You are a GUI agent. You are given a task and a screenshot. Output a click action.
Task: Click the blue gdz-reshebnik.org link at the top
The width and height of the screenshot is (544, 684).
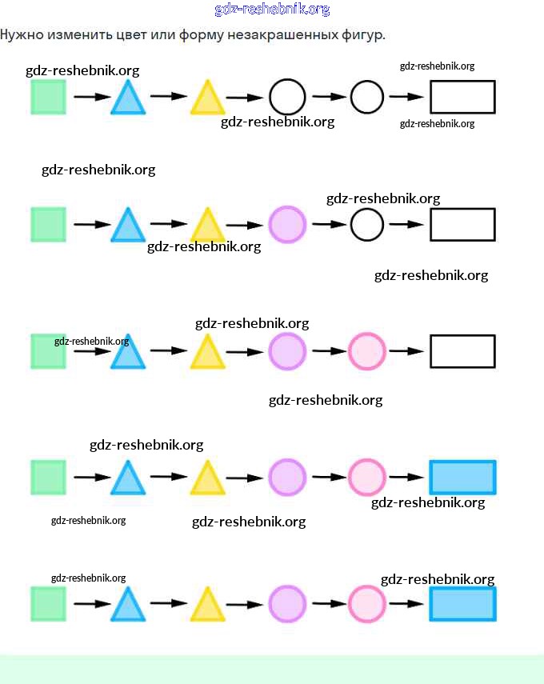[272, 10]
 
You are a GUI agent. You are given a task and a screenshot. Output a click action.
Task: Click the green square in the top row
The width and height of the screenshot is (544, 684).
[48, 97]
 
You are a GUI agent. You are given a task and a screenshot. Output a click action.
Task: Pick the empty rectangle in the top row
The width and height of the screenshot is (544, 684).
[462, 97]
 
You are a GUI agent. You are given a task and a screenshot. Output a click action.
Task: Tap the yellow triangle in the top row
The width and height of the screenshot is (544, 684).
[207, 99]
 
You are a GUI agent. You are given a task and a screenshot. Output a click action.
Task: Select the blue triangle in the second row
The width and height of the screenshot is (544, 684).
[126, 226]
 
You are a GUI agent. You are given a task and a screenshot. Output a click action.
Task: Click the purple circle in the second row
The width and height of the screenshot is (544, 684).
[287, 224]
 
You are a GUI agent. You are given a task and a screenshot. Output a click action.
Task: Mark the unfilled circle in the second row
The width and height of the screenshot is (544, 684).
[367, 224]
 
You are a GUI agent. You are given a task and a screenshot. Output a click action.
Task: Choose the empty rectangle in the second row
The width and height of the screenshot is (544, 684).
[462, 224]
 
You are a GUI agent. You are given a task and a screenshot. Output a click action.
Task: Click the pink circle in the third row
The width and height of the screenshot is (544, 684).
[367, 350]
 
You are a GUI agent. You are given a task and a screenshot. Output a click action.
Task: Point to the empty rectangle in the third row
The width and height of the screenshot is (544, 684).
[462, 350]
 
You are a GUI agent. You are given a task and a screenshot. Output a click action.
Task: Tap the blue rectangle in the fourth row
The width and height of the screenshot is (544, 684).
[462, 477]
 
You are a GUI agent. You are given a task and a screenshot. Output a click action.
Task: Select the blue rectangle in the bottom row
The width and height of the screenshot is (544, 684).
[462, 603]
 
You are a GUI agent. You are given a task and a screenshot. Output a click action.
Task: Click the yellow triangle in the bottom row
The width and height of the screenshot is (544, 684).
[207, 606]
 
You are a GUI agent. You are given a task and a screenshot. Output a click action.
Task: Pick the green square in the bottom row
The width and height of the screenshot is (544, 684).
[48, 603]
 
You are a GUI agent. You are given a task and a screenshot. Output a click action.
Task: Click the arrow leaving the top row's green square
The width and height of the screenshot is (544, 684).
[92, 97]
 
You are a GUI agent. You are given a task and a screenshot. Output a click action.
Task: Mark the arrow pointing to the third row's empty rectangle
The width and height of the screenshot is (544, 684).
[406, 350]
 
